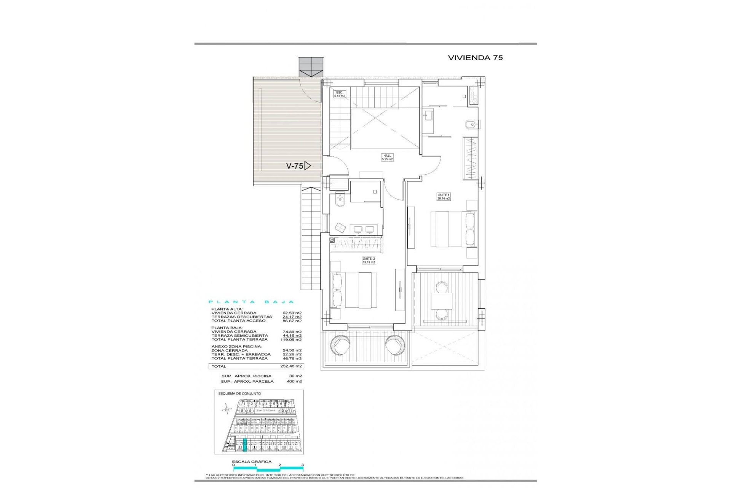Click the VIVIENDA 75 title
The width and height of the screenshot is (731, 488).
pos(475,58)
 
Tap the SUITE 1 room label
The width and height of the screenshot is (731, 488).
pos(444,197)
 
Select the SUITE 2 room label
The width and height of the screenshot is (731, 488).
pos(369,260)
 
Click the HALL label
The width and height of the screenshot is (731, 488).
pos(387,157)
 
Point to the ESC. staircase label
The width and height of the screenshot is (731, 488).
pos(339,94)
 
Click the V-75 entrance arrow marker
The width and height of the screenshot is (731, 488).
pos(298,166)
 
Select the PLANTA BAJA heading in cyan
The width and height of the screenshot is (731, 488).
pos(252,302)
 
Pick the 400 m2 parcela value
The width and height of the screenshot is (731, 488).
pos(294,381)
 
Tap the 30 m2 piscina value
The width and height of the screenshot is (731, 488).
pos(295,376)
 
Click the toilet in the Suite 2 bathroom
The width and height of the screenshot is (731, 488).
pos(340,200)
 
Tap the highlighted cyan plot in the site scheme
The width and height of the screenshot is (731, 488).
pos(245,445)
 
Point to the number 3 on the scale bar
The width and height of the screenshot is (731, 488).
pos(302,465)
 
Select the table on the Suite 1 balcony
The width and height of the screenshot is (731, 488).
pos(442,301)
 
